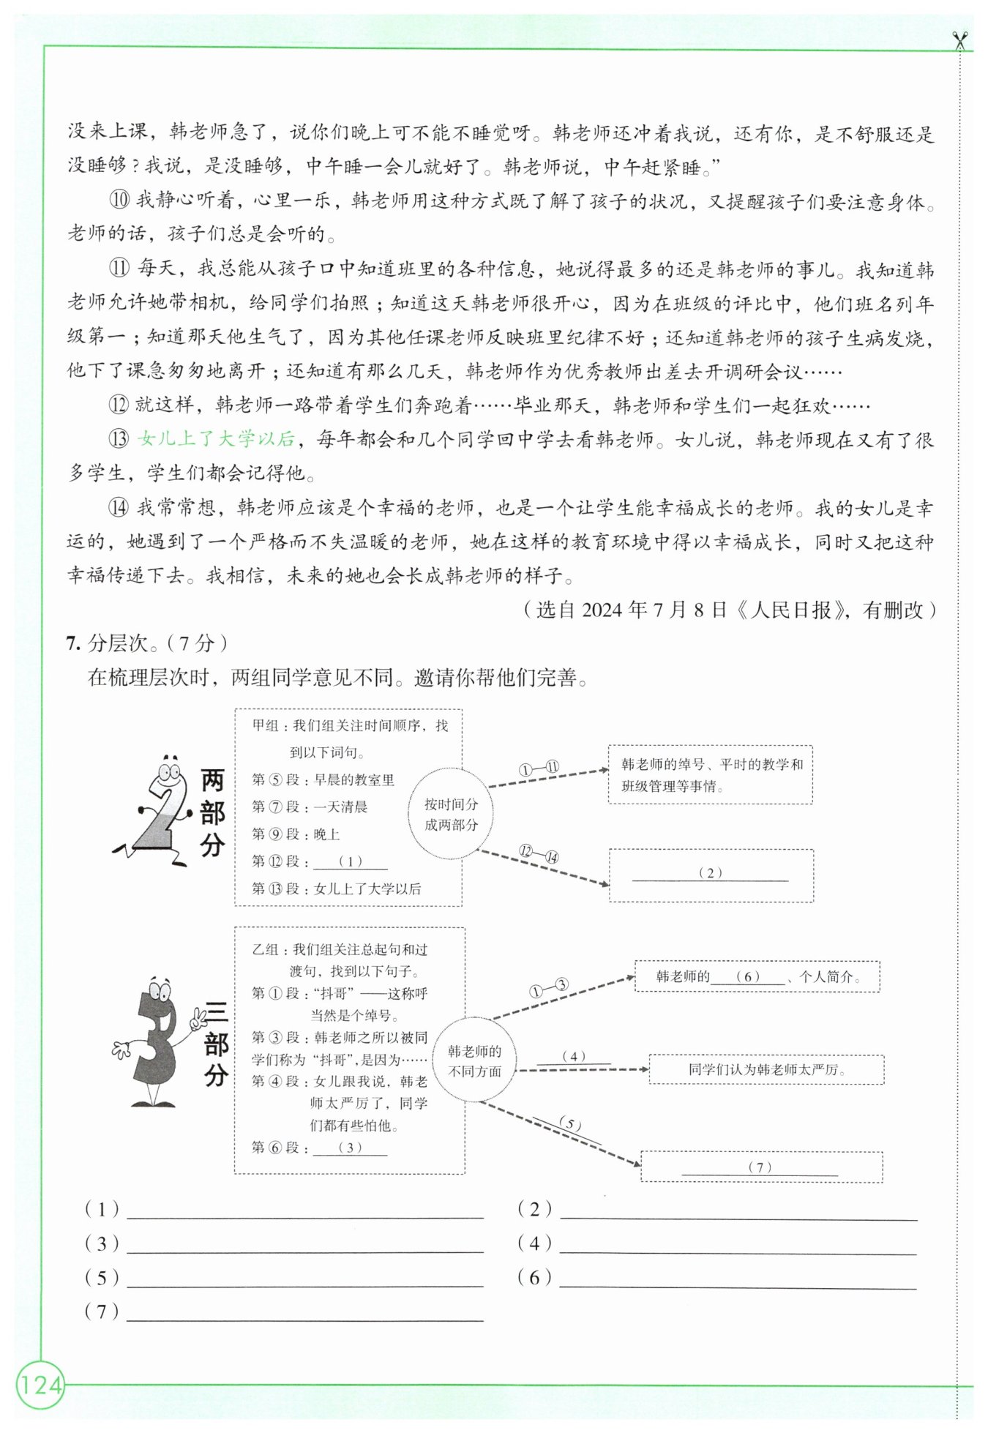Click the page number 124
tap(41, 1385)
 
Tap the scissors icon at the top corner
tap(959, 40)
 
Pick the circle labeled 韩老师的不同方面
tap(475, 1061)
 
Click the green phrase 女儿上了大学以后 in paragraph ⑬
tap(217, 439)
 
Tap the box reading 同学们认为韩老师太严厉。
tap(766, 1069)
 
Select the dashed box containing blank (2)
tap(710, 875)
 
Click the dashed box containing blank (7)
tap(760, 1167)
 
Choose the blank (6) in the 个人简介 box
tap(748, 977)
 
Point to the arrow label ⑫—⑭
tap(539, 853)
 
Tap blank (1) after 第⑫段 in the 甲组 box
tap(351, 861)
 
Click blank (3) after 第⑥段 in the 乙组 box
tap(350, 1148)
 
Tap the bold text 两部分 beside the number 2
tap(212, 812)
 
